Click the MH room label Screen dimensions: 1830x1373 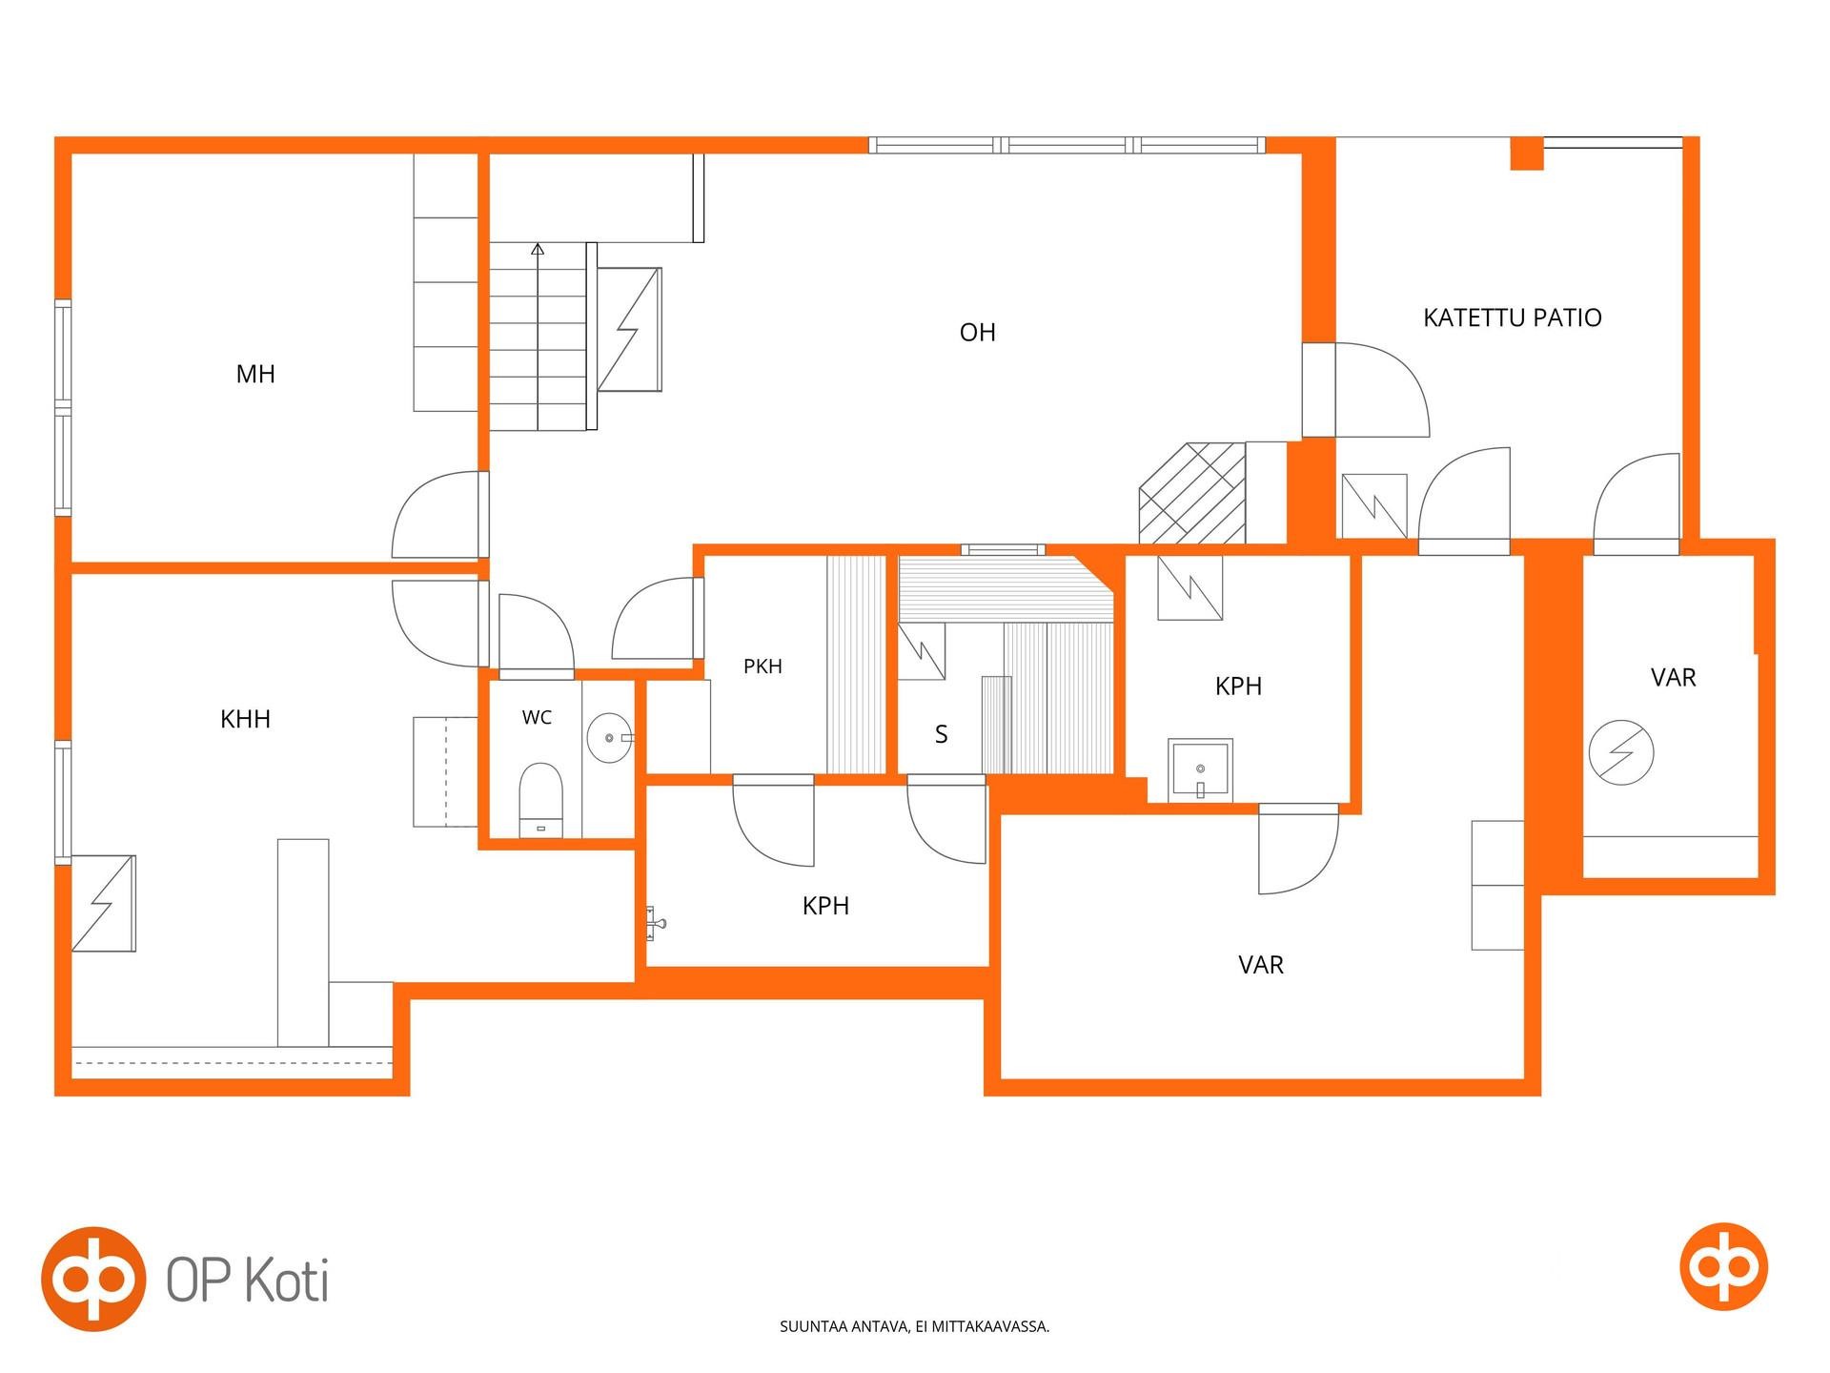[x=255, y=374]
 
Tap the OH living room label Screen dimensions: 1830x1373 [x=978, y=332]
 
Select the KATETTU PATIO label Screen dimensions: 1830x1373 [x=1513, y=318]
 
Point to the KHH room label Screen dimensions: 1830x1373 [x=245, y=719]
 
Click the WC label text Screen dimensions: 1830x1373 [x=537, y=718]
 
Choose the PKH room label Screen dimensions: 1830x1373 [x=762, y=666]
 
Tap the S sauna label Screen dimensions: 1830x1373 [x=942, y=734]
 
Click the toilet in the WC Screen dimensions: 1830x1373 [x=540, y=800]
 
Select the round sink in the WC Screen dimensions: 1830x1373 [x=609, y=738]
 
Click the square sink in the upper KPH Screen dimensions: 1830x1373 [x=1200, y=769]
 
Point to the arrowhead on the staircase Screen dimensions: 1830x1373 [x=538, y=250]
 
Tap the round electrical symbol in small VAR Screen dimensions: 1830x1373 [x=1621, y=752]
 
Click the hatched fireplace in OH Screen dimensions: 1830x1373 [x=1192, y=493]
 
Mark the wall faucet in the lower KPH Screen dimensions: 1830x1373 [x=656, y=922]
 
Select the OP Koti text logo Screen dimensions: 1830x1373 [x=248, y=1280]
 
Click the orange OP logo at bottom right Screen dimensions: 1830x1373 [x=1723, y=1267]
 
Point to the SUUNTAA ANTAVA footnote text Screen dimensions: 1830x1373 [x=915, y=1326]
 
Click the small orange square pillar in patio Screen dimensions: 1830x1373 [x=1527, y=154]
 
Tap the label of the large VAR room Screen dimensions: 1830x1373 [x=1261, y=965]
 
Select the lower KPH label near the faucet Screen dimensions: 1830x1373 [x=825, y=906]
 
